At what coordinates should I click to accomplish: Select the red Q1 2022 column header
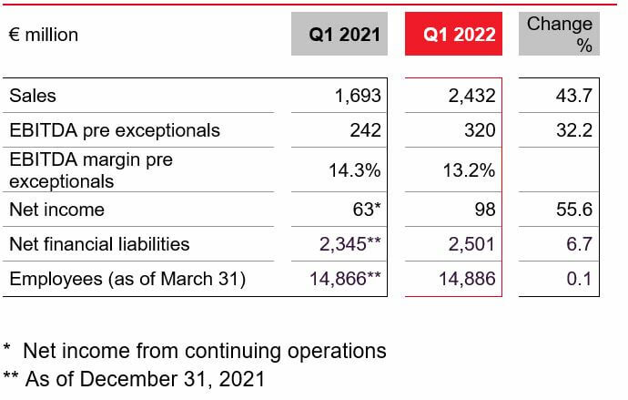(460, 35)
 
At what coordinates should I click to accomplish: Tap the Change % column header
(560, 35)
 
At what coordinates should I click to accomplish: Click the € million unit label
(44, 36)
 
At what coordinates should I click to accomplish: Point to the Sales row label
(33, 96)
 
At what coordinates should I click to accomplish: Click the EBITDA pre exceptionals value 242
(365, 130)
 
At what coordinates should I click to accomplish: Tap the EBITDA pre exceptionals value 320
(480, 130)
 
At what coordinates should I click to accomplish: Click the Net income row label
(56, 210)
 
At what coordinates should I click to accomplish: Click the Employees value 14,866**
(345, 279)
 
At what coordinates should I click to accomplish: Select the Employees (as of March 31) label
(127, 279)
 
